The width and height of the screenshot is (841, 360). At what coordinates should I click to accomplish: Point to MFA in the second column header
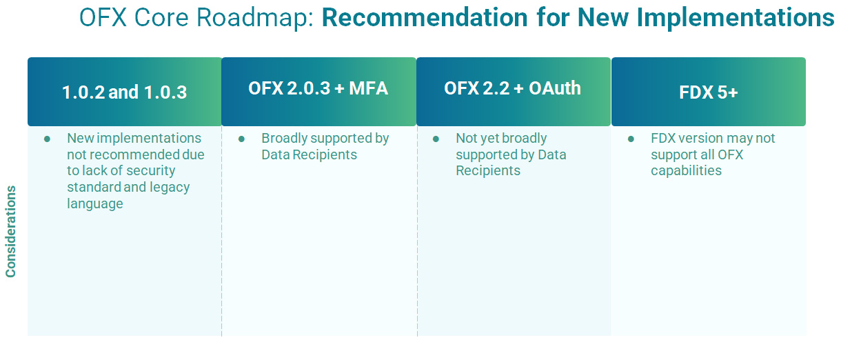pyautogui.click(x=368, y=89)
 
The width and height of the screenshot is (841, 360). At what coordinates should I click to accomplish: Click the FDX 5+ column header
pyautogui.click(x=708, y=92)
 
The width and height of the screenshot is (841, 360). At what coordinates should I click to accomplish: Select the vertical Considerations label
pyautogui.click(x=11, y=231)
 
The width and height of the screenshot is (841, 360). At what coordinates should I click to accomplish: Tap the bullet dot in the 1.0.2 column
pyautogui.click(x=48, y=139)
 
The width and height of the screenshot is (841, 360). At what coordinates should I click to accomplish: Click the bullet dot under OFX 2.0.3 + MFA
pyautogui.click(x=242, y=139)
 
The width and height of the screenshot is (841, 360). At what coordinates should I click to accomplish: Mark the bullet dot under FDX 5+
pyautogui.click(x=631, y=139)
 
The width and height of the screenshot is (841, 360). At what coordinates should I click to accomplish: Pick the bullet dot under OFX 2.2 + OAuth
pyautogui.click(x=436, y=139)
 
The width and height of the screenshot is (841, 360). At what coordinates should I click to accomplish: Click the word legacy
pyautogui.click(x=170, y=188)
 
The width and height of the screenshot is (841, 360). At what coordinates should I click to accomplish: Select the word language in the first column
pyautogui.click(x=95, y=204)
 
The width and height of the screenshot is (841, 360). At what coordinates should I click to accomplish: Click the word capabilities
pyautogui.click(x=686, y=171)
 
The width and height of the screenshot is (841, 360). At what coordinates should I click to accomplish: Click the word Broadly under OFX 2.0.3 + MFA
pyautogui.click(x=285, y=139)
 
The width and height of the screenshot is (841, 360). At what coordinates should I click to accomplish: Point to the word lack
pyautogui.click(x=93, y=171)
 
